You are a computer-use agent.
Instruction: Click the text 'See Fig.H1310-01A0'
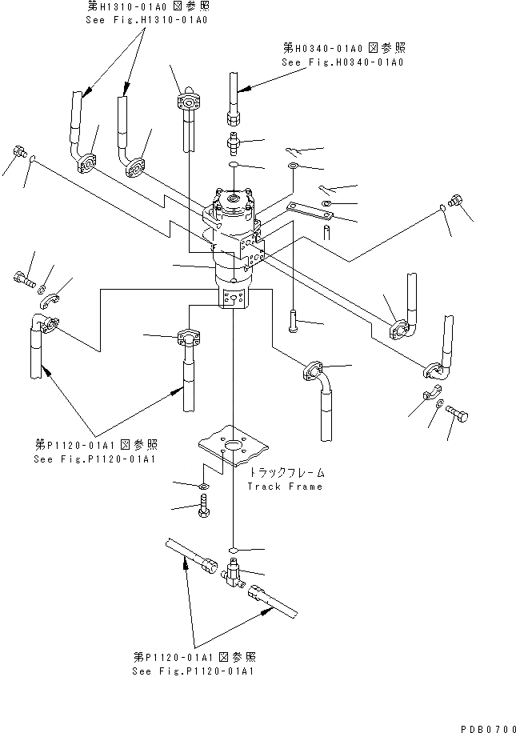[146, 19]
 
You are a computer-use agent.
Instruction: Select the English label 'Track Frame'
[286, 487]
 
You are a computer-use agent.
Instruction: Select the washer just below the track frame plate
[203, 486]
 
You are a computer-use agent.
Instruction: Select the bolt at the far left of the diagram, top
[19, 152]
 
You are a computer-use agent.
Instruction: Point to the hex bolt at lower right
[459, 415]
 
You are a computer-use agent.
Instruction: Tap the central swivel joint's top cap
[234, 198]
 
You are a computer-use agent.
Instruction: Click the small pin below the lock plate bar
[328, 231]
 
